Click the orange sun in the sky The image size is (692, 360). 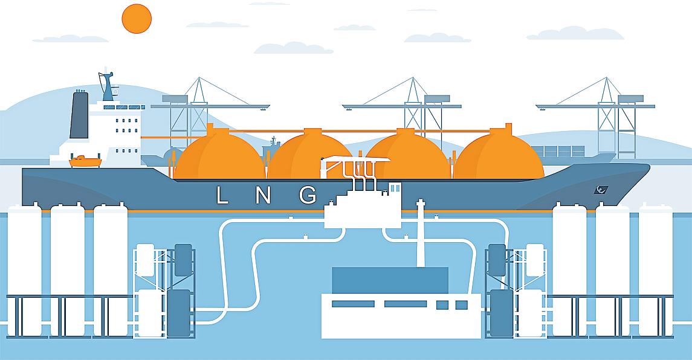[136, 18]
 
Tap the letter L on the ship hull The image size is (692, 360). [222, 195]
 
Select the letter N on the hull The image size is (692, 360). [264, 195]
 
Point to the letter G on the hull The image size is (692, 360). [308, 195]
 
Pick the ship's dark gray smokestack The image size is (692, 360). [79, 115]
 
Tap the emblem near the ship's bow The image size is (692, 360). [601, 190]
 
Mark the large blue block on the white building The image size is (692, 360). [390, 280]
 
